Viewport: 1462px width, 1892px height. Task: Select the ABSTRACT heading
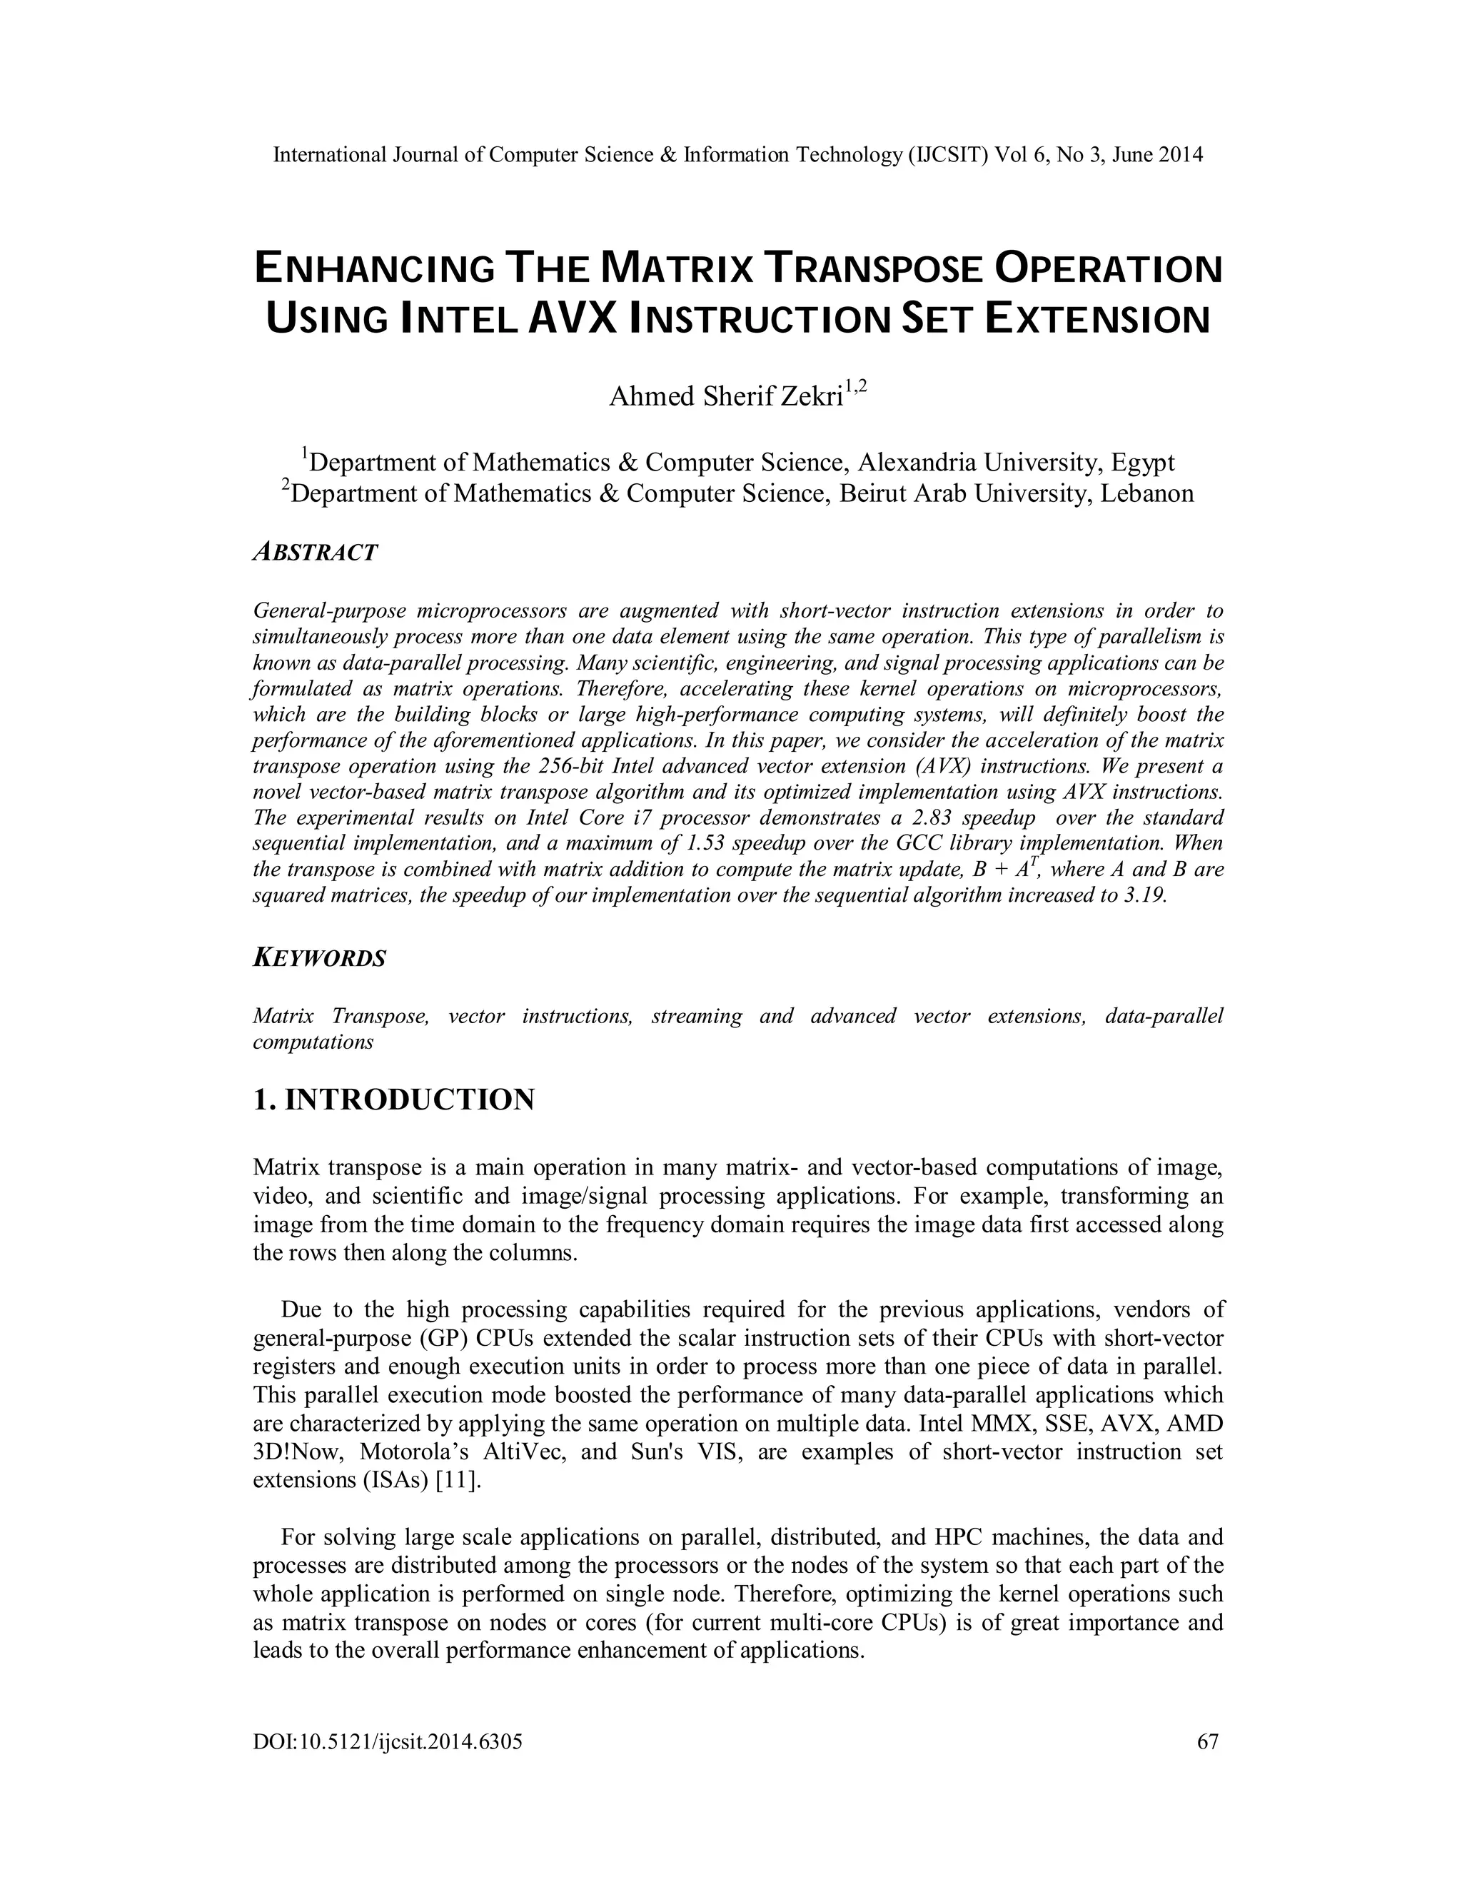click(x=316, y=553)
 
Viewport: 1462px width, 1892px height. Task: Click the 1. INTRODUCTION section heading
click(x=393, y=1100)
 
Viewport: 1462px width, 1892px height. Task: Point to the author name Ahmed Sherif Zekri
click(x=726, y=397)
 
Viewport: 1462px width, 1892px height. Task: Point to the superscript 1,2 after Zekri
click(x=856, y=387)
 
